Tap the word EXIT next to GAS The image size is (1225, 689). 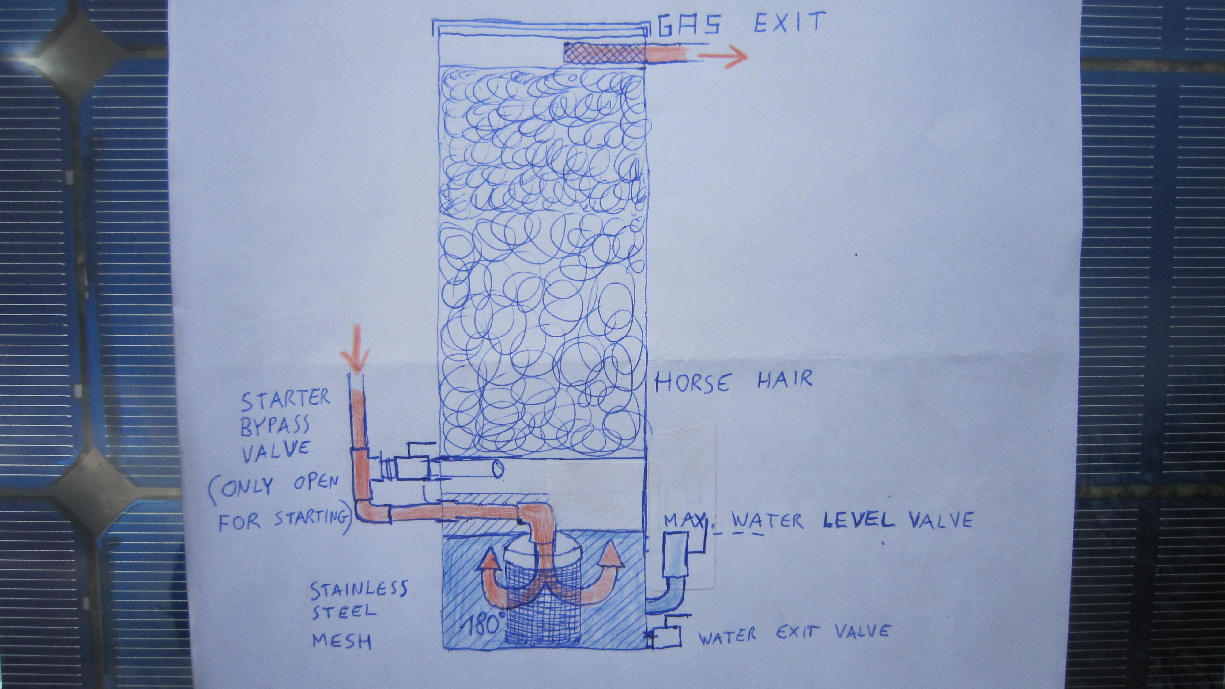click(x=790, y=22)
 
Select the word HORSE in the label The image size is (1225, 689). click(x=692, y=382)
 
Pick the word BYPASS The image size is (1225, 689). click(x=275, y=426)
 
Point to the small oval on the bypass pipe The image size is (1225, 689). click(x=497, y=469)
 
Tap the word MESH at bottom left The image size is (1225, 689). click(x=341, y=641)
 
